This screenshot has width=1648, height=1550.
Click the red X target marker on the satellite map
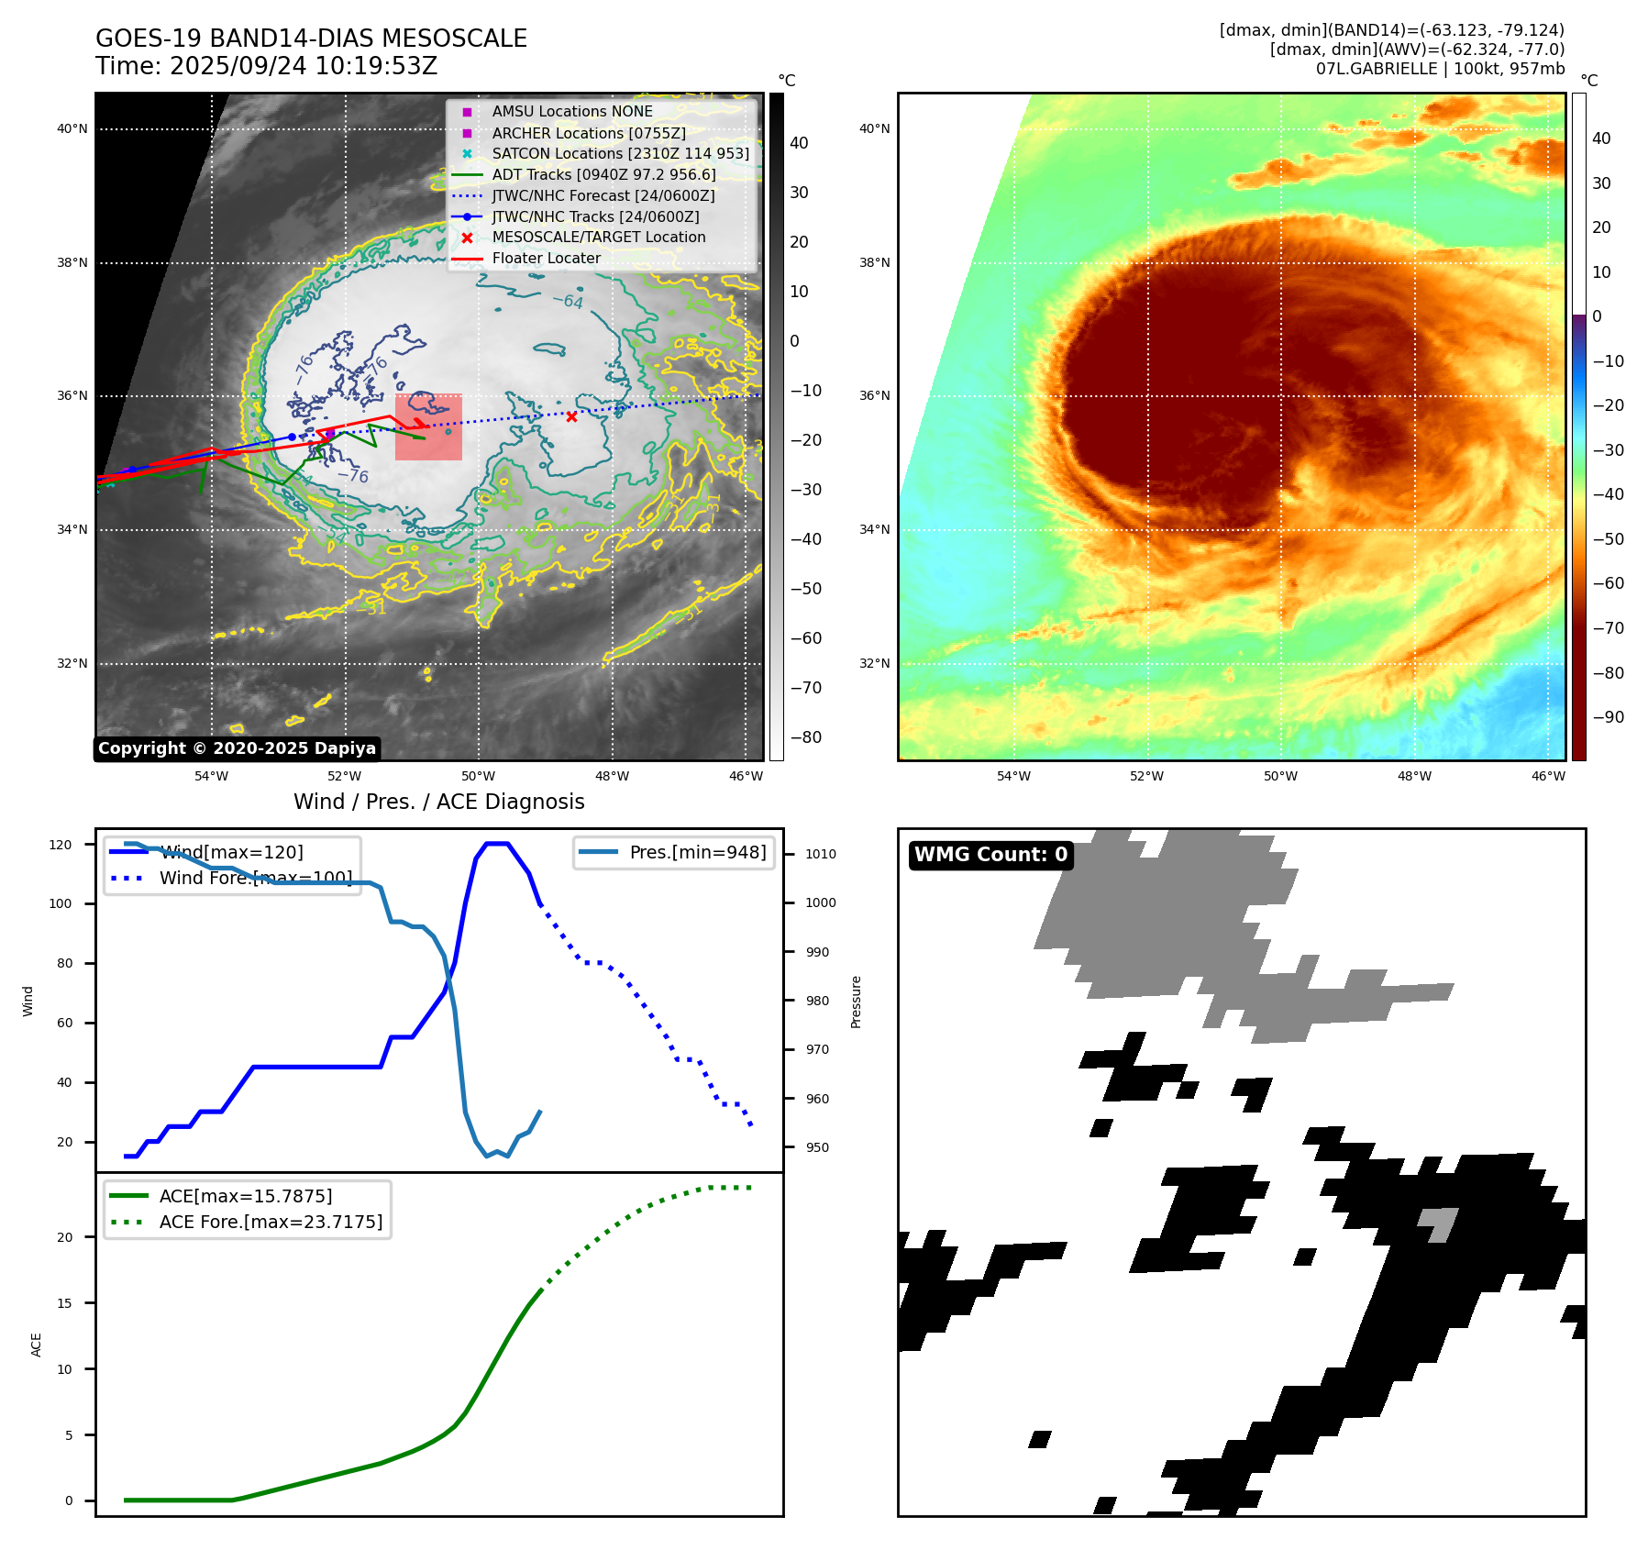pos(571,416)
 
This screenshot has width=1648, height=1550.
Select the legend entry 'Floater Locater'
pos(546,259)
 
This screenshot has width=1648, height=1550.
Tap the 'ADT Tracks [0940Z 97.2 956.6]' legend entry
pos(603,174)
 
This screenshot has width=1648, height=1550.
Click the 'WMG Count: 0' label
pos(990,855)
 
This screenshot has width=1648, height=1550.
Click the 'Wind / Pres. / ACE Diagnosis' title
pos(438,802)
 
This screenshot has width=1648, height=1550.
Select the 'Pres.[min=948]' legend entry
pos(697,852)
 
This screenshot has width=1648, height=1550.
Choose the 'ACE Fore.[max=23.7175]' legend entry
pos(271,1222)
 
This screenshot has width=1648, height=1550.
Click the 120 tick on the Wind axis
pos(61,845)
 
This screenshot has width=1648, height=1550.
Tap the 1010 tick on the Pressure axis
pos(821,854)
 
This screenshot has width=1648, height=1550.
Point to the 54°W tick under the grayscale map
pos(211,776)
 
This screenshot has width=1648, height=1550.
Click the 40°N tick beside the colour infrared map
pos(874,128)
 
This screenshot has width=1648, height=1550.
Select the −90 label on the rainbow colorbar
pos(1608,717)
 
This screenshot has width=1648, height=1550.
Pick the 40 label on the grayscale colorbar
pos(799,143)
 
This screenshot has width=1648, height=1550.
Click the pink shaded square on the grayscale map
pos(428,427)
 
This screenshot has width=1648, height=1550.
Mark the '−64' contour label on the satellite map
pos(568,300)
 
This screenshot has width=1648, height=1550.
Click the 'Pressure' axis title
pos(856,1002)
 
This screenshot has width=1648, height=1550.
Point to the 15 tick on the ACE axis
pos(65,1303)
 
